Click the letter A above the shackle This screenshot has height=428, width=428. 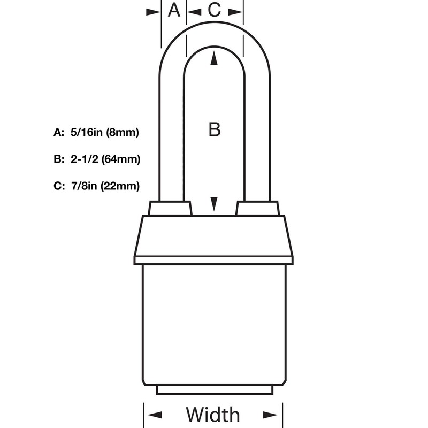pos(174,10)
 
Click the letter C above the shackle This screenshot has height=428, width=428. pos(213,10)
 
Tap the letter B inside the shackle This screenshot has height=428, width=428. pos(214,129)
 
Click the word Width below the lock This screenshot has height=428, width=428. pos(213,415)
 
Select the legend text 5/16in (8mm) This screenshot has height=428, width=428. pos(105,133)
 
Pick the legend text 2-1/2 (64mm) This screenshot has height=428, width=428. pos(105,159)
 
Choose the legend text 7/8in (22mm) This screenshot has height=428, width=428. pos(105,186)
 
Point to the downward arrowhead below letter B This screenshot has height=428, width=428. pos(214,203)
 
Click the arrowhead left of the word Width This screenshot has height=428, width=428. pos(155,415)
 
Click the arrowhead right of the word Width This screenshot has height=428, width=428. pos(271,415)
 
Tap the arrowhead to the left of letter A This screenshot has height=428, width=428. pos(154,10)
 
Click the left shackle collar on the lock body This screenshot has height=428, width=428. pos(170,208)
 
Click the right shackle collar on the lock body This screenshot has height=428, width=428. pos(257,208)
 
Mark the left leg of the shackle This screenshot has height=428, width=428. pos(172,134)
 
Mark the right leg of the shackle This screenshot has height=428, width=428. pos(256,134)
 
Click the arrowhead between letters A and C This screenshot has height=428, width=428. pos(193,10)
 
